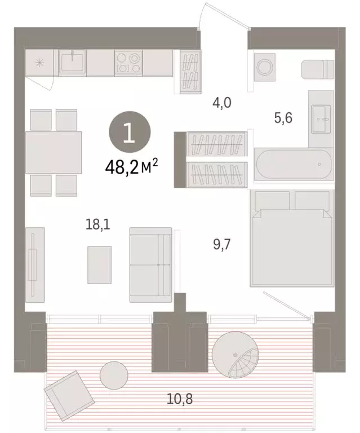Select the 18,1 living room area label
point(98,226)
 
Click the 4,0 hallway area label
point(222,103)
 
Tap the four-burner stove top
point(128,63)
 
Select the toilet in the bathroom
point(317,70)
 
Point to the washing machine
point(264,67)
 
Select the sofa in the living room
point(150,264)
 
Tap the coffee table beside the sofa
point(99,264)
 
